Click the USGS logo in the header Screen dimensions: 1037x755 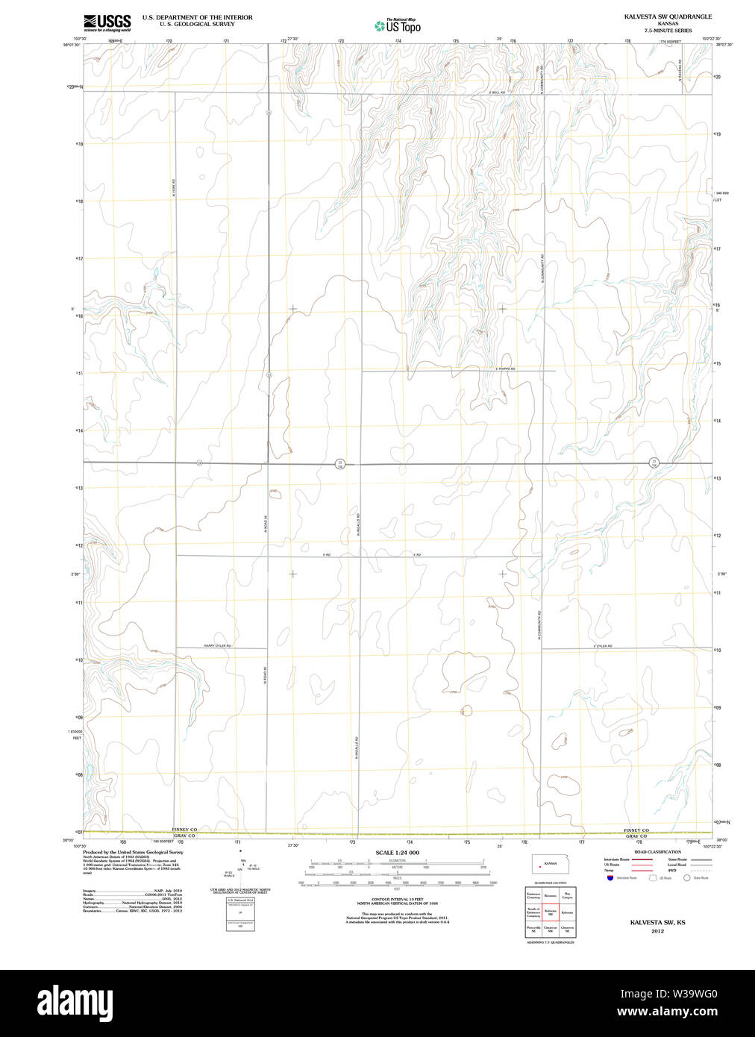tap(107, 22)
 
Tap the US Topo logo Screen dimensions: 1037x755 tap(398, 26)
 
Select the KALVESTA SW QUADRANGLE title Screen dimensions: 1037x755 tap(668, 16)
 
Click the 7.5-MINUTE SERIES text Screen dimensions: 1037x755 tap(668, 31)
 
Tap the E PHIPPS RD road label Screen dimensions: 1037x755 tap(505, 369)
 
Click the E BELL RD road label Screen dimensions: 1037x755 tap(497, 93)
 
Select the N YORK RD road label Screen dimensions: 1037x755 tap(172, 187)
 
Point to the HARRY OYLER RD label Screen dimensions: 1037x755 tap(217, 646)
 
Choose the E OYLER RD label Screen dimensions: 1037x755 tap(603, 646)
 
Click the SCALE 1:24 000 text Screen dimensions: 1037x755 tap(397, 853)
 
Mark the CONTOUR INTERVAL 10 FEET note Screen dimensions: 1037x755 tap(397, 900)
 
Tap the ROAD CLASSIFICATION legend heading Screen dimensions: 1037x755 tap(657, 852)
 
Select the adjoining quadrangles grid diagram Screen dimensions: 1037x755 tap(550, 912)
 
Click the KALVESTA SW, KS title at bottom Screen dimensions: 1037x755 tap(657, 923)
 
